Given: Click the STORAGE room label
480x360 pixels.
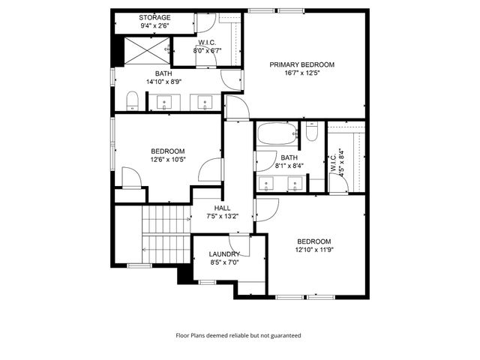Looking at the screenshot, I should [155, 17].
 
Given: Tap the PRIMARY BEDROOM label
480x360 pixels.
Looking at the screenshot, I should [302, 65].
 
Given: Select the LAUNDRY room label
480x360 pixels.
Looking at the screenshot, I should [223, 254].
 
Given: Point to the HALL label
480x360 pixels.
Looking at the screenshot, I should [223, 208].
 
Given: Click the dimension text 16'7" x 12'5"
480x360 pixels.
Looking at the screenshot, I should [302, 73].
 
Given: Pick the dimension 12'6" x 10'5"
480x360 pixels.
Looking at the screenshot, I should [168, 159].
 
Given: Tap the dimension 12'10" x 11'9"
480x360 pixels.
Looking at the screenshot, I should [313, 250].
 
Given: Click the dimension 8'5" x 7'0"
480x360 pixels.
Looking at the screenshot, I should [223, 262].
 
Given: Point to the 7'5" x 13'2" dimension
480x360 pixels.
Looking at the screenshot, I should [223, 217].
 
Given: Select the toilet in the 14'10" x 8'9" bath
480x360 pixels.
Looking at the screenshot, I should [132, 101].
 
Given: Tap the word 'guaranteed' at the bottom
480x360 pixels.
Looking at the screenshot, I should [286, 335].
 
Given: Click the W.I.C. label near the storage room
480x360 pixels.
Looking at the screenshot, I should [208, 43].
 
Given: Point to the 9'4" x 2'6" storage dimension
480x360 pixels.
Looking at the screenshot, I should [155, 25].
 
